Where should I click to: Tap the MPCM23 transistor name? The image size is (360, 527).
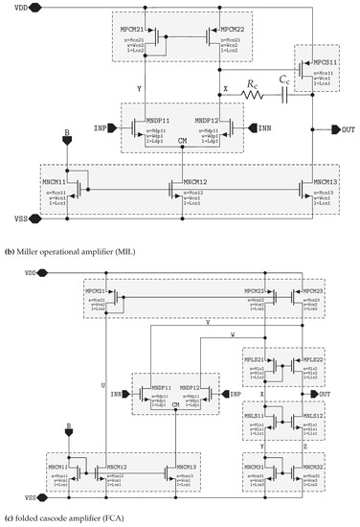pos(305,291)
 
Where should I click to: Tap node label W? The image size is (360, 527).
pos(233,334)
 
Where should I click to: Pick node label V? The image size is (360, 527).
pos(209,323)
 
